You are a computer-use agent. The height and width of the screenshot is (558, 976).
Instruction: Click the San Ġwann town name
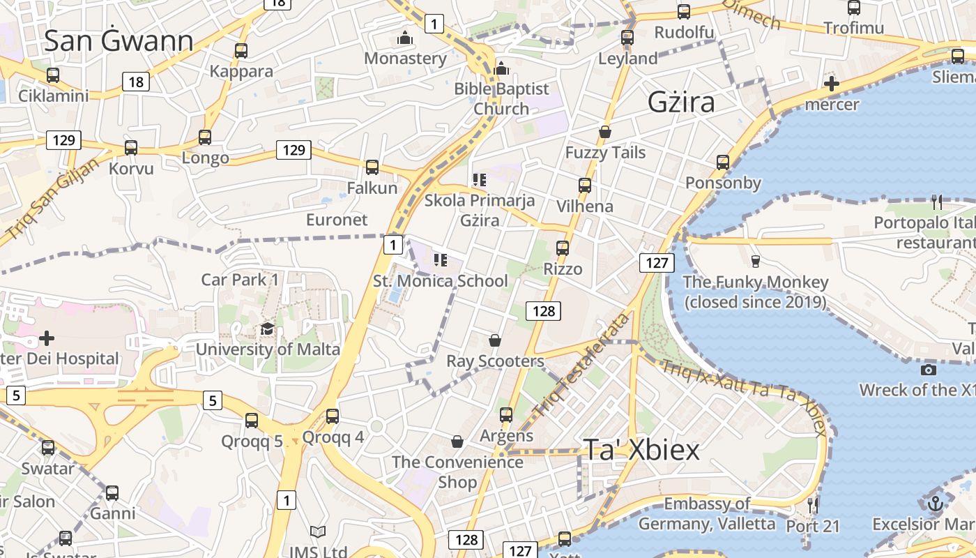119,41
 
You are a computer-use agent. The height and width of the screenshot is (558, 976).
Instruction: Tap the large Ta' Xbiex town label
641,450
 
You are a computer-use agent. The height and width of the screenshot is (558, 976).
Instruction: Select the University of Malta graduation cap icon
267,329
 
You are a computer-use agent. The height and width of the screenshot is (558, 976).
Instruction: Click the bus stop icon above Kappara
241,51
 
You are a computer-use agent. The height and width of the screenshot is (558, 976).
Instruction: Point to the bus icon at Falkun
372,167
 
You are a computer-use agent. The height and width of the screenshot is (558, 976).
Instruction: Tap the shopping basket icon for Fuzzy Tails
605,132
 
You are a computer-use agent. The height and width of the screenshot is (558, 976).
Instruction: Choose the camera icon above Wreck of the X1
928,370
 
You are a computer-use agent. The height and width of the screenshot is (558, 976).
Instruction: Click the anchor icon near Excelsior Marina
936,502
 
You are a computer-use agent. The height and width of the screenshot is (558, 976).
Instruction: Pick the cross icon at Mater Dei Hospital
47,338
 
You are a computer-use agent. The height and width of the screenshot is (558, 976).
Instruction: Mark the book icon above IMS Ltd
318,532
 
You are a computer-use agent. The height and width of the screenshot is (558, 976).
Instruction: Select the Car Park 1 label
240,280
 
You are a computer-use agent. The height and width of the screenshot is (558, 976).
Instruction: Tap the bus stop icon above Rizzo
562,248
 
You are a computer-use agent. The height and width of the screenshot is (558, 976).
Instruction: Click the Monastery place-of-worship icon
404,38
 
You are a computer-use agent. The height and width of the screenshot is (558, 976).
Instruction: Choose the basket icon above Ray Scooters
494,340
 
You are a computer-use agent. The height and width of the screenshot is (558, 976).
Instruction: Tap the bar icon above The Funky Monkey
755,262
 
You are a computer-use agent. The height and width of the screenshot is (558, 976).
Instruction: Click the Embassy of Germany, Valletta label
707,513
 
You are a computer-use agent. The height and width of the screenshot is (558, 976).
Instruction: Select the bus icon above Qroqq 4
333,416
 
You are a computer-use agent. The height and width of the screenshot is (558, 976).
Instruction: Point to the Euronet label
337,220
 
